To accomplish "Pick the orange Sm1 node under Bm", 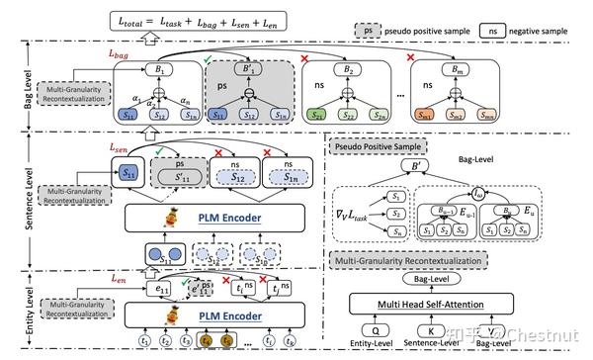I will [x=427, y=116].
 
